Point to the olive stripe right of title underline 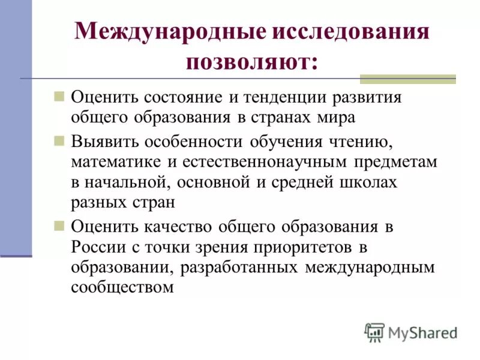[x=407, y=79]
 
